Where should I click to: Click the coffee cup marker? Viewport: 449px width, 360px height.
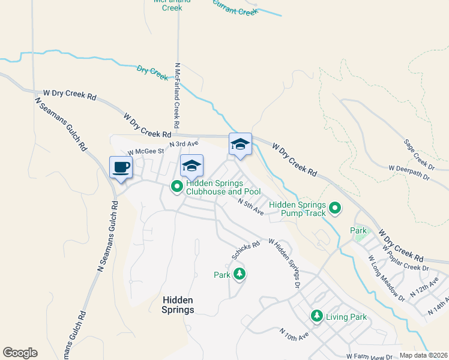[121, 167]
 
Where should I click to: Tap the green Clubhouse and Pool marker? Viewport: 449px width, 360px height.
[177, 187]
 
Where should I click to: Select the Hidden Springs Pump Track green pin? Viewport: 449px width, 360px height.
[335, 209]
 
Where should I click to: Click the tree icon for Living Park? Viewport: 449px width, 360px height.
[316, 316]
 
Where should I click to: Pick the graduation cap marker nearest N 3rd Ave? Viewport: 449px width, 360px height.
[192, 165]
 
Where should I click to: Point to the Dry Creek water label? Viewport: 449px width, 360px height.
[152, 73]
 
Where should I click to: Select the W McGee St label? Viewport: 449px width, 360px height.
[142, 152]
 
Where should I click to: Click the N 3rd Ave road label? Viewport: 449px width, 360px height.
[184, 144]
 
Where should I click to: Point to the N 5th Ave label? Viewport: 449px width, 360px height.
[250, 207]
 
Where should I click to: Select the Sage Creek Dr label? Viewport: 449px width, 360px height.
[419, 154]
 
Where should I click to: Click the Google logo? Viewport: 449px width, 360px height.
[20, 353]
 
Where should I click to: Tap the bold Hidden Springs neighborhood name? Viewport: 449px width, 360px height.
[178, 305]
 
